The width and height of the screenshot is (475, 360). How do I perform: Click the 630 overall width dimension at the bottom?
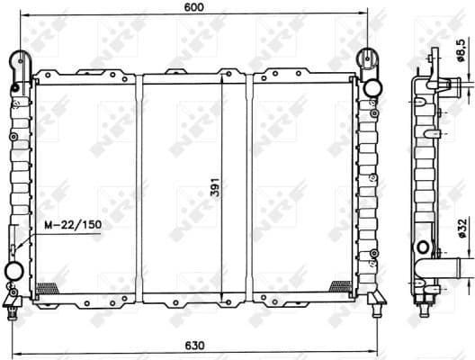click(197, 345)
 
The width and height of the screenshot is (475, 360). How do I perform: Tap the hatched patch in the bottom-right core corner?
click(341, 287)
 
